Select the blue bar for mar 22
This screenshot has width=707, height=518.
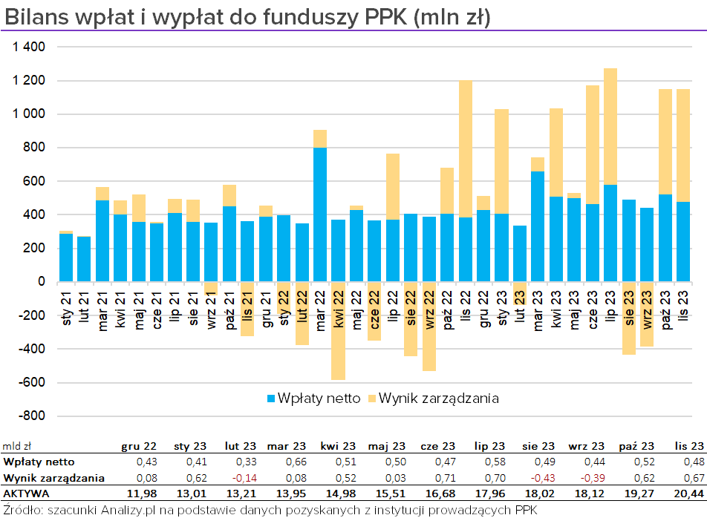tap(320, 215)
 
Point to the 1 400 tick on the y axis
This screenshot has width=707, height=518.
tap(29, 47)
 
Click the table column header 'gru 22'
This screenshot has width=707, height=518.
tap(139, 446)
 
